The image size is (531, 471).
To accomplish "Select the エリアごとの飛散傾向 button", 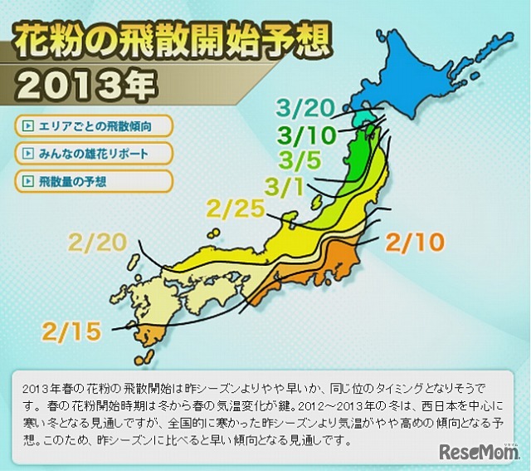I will click(x=93, y=126).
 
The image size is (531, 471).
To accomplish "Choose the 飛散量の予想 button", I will click(x=93, y=180).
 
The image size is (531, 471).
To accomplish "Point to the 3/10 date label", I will click(x=307, y=134).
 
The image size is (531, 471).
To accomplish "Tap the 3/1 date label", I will click(x=285, y=184).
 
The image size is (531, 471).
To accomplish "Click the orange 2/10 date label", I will click(x=415, y=243).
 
